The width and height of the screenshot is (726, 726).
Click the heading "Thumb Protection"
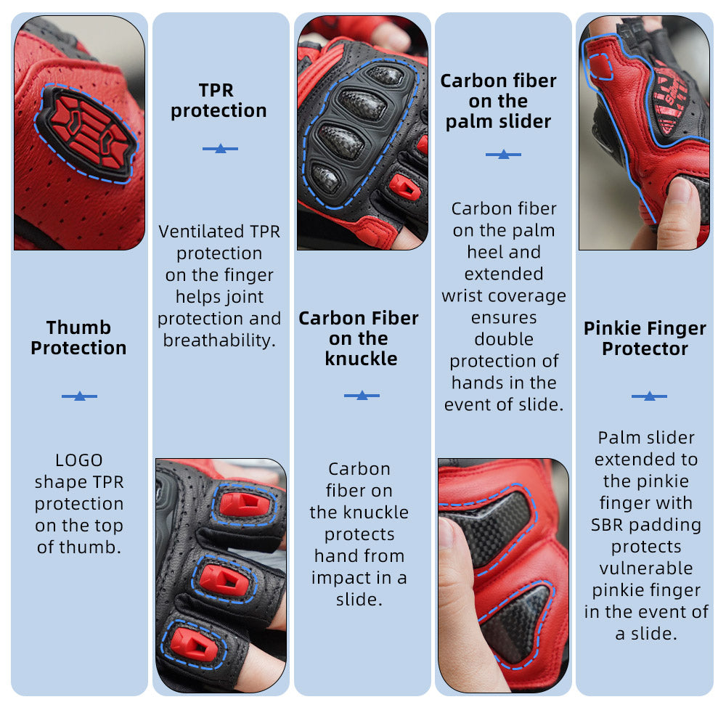[78, 338]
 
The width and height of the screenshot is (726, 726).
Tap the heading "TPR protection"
[219, 100]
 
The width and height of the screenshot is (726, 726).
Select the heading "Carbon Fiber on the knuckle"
[359, 338]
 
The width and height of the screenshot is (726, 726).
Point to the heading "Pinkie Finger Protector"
[645, 338]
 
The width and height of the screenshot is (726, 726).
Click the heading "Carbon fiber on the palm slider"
[499, 101]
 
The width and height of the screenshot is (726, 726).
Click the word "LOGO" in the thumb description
[78, 460]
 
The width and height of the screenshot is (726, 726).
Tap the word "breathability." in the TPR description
[219, 340]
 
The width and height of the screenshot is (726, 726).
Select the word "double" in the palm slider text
[504, 339]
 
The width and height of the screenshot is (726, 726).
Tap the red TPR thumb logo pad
[87, 131]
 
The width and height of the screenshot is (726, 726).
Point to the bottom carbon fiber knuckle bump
[325, 179]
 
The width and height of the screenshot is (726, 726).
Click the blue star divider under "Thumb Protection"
[80, 396]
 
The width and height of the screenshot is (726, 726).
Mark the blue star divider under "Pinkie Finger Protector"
[649, 396]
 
